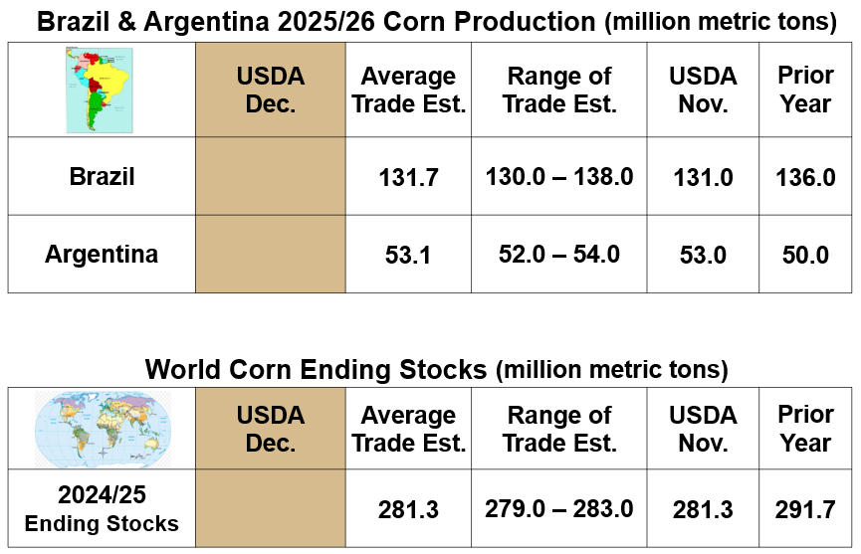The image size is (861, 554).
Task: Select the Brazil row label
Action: pyautogui.click(x=102, y=177)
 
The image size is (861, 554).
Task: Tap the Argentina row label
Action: pyautogui.click(x=102, y=254)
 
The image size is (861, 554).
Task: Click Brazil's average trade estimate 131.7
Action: pyautogui.click(x=408, y=178)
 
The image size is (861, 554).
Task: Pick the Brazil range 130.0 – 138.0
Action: pyautogui.click(x=559, y=177)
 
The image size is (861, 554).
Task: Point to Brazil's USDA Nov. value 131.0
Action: pyautogui.click(x=703, y=178)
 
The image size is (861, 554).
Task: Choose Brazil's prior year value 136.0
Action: pyautogui.click(x=805, y=178)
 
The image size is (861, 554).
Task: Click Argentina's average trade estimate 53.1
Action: pyautogui.click(x=408, y=256)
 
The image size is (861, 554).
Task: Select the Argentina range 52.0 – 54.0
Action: pyautogui.click(x=559, y=255)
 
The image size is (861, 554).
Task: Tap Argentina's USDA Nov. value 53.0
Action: pyautogui.click(x=703, y=256)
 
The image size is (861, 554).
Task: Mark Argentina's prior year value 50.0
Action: pyautogui.click(x=805, y=256)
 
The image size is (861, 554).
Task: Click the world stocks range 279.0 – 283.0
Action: pyautogui.click(x=559, y=509)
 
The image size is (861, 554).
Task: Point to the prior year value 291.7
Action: pyautogui.click(x=805, y=510)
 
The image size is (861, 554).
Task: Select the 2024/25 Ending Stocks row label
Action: pyautogui.click(x=102, y=510)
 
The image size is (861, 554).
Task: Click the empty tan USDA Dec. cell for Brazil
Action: pyautogui.click(x=270, y=177)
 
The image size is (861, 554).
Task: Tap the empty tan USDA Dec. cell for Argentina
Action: pyautogui.click(x=270, y=255)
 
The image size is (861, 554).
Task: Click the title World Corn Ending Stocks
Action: pyautogui.click(x=317, y=370)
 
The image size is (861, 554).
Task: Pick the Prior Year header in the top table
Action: pyautogui.click(x=805, y=90)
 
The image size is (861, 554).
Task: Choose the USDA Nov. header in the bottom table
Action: pyautogui.click(x=703, y=429)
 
